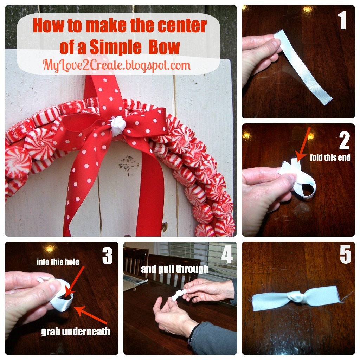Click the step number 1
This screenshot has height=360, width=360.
point(342,20)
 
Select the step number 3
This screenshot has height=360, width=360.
point(108,256)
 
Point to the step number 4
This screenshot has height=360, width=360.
point(227,255)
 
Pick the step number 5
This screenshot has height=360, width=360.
point(346,255)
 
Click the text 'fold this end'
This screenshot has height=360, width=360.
point(330,157)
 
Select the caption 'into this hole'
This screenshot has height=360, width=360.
point(58,262)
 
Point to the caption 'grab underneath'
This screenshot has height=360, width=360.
point(76,332)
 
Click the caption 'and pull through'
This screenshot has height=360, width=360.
point(175,269)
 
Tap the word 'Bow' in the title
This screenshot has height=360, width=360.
point(165,47)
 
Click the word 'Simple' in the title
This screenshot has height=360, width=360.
point(115,47)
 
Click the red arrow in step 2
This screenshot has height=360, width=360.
point(303,144)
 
